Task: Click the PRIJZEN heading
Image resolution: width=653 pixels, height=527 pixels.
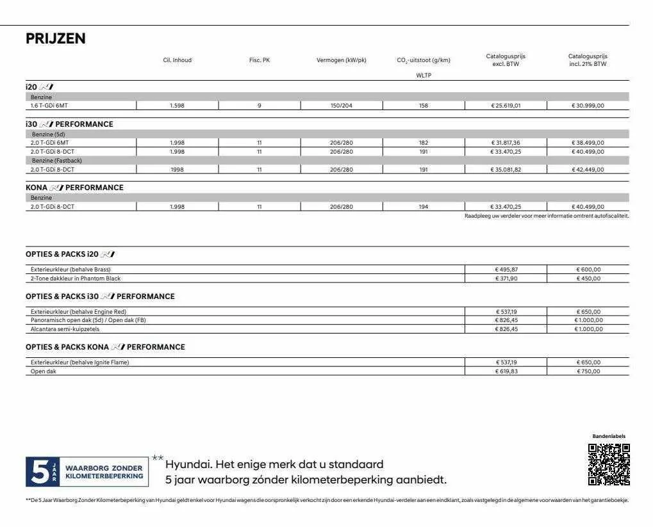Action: pos(55,38)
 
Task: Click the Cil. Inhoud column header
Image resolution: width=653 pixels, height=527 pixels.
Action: pos(178,60)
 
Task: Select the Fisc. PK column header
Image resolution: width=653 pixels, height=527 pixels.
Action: pos(260,60)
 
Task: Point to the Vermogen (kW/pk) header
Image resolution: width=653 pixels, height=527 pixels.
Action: pos(342,60)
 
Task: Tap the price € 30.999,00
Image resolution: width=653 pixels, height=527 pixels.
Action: pos(588,106)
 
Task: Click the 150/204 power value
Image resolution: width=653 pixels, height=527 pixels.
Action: pos(342,106)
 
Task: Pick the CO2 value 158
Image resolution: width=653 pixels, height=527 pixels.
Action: pos(424,106)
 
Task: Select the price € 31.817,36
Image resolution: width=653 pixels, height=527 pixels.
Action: pos(506,143)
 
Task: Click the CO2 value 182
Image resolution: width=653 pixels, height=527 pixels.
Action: pos(424,143)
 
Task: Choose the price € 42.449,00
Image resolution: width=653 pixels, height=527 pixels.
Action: pos(588,170)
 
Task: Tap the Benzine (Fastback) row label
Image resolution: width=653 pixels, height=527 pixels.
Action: pos(57,161)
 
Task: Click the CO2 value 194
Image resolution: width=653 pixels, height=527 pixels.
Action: pos(424,207)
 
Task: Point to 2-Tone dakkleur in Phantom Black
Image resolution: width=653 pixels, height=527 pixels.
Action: pos(76,279)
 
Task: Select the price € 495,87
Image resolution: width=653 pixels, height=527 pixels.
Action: pos(506,270)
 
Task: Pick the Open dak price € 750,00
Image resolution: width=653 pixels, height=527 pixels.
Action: pos(588,371)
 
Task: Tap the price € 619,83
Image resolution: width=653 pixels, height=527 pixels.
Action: pos(506,371)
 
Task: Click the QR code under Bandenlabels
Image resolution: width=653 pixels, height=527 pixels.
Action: pos(609,464)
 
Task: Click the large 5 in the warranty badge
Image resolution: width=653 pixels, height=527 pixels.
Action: pos(37,472)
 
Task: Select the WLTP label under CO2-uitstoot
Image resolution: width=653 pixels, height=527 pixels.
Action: pos(424,76)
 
